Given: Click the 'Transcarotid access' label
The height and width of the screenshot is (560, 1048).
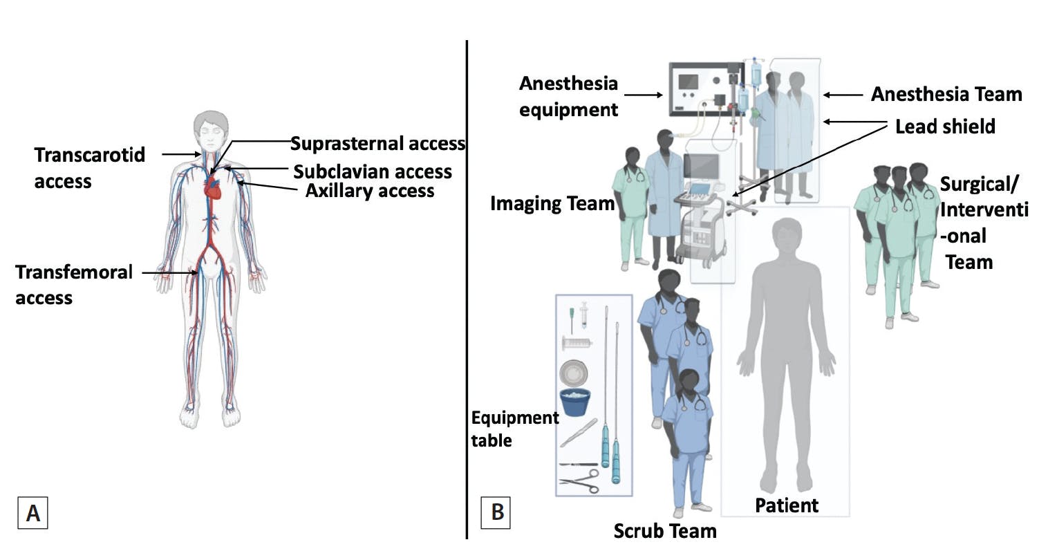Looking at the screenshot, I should click(90, 167).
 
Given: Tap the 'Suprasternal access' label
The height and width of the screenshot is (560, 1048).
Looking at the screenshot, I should click(377, 144).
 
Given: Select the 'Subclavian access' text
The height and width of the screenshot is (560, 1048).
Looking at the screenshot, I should click(373, 171).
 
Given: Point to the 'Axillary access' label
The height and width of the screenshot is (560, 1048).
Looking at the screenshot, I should click(370, 191).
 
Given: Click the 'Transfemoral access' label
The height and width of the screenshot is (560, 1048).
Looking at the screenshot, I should click(73, 284).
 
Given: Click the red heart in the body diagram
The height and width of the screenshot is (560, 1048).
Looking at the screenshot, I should click(214, 187).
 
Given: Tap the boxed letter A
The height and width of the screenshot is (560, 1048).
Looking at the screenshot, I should click(32, 513).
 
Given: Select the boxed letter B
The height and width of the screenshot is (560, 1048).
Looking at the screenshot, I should click(496, 512).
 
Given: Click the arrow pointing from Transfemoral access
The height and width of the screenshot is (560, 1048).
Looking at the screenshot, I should click(169, 273).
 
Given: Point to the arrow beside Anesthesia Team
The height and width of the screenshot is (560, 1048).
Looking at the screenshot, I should click(843, 95).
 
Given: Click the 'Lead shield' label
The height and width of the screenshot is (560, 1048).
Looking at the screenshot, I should click(944, 127).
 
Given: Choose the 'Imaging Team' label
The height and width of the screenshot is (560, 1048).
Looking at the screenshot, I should click(552, 203).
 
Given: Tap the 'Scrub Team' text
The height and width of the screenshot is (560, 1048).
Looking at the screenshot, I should click(664, 531).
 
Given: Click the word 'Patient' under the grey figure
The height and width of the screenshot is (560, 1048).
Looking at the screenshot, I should click(786, 505).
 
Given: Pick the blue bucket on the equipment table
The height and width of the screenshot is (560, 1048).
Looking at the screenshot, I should click(574, 402).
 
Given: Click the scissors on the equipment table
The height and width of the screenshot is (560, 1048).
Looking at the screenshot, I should click(579, 480).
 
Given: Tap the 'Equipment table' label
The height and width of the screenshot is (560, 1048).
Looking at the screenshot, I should click(514, 429).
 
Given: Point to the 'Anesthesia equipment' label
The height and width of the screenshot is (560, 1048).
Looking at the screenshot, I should click(568, 96).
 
